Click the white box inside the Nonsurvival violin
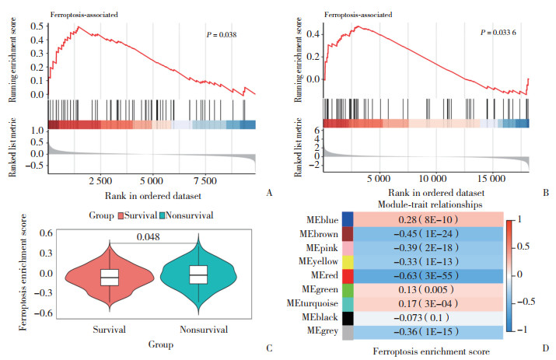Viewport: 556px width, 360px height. pyautogui.click(x=199, y=274)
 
